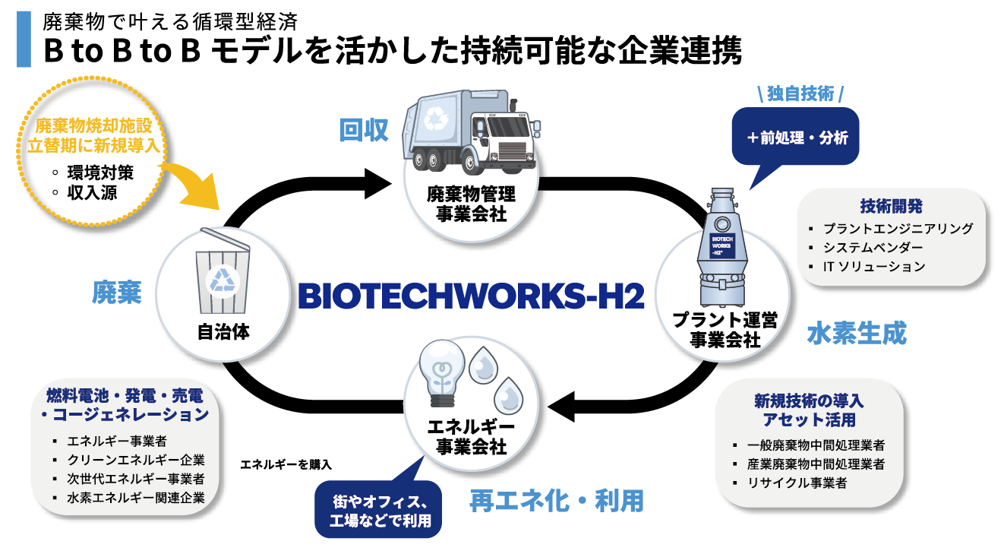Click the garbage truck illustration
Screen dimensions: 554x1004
tap(469, 133)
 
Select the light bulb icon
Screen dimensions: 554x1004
tap(443, 373)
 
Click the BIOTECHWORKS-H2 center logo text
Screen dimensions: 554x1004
tap(471, 296)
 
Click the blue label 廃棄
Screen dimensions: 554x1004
tap(117, 293)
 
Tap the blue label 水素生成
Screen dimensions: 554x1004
tap(856, 333)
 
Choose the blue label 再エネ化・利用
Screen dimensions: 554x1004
tap(557, 500)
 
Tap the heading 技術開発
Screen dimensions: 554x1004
tap(892, 206)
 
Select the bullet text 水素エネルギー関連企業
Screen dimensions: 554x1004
tap(136, 498)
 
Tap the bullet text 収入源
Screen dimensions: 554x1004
tap(92, 192)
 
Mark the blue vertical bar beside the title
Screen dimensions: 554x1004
tap(24, 39)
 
